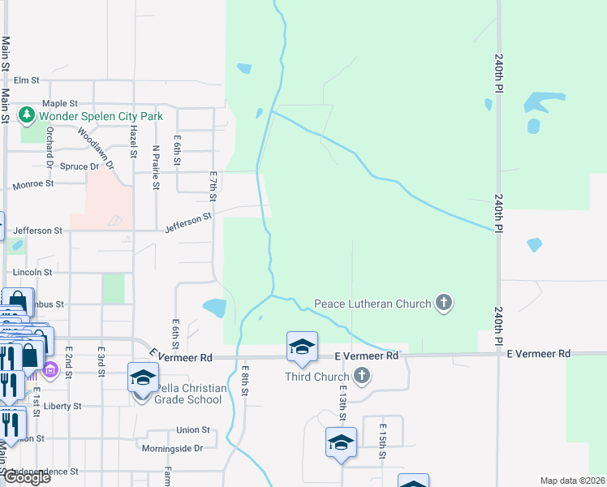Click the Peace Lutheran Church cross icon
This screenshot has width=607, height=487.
point(443,304)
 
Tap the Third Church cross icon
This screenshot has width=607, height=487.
point(362,377)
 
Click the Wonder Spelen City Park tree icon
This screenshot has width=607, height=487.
point(26,116)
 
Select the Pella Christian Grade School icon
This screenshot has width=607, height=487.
point(142,379)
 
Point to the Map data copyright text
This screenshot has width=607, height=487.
point(572,481)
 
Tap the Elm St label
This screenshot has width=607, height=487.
point(27,80)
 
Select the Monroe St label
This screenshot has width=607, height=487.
point(32,184)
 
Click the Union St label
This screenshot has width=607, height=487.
point(193,430)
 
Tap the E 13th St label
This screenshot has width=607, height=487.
point(344,403)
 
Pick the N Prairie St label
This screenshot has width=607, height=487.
point(155,167)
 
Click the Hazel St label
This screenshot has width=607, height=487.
point(131,143)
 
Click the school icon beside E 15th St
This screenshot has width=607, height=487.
point(341,443)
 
